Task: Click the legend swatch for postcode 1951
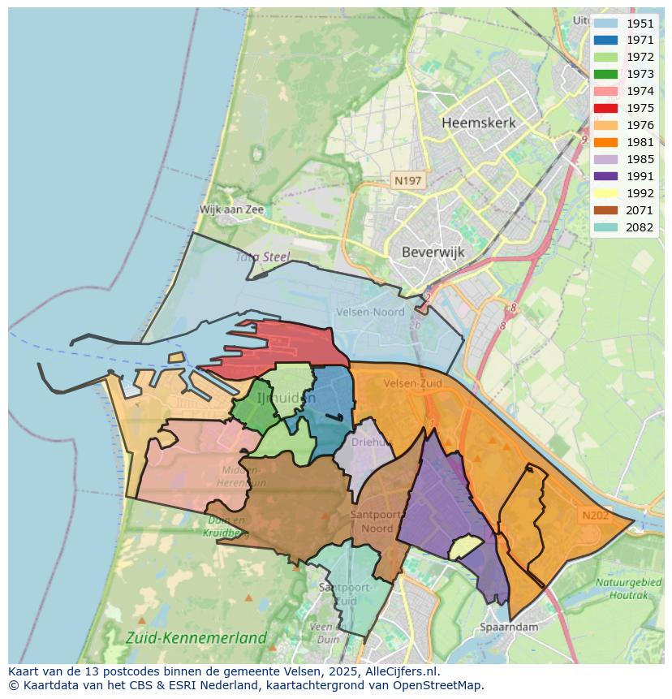(605, 24)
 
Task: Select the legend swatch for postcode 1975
(605, 108)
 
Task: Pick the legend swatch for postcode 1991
(605, 176)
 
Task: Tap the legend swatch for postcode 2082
(605, 227)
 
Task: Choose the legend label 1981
(640, 142)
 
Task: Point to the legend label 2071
(640, 210)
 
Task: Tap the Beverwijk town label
(433, 252)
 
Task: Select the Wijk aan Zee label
(232, 209)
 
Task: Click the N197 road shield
(407, 180)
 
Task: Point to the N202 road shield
(595, 515)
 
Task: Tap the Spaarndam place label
(510, 627)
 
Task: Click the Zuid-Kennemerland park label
(196, 637)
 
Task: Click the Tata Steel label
(262, 257)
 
